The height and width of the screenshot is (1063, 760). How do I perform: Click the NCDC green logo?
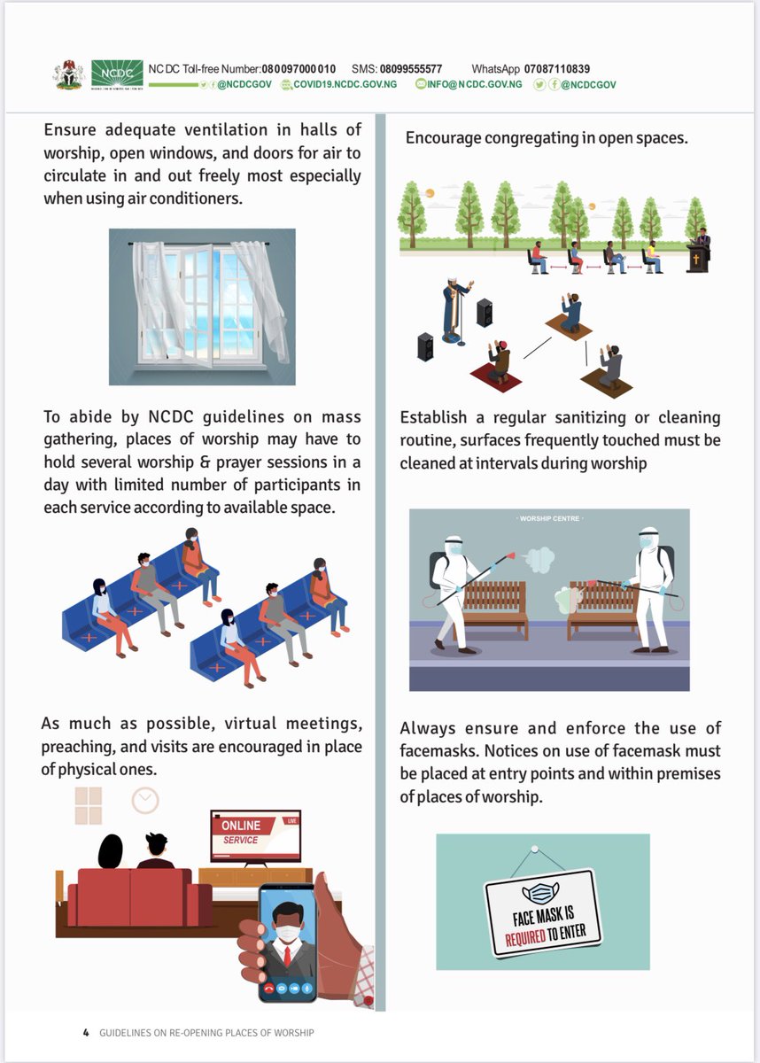(117, 74)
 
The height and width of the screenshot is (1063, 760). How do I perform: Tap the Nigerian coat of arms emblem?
(69, 74)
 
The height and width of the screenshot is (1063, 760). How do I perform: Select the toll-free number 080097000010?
(299, 69)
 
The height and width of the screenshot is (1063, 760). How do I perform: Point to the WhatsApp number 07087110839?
(557, 69)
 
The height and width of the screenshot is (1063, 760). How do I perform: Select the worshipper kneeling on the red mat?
(498, 361)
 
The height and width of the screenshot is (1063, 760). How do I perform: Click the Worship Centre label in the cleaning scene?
(549, 519)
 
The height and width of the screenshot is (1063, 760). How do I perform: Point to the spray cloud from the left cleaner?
(539, 560)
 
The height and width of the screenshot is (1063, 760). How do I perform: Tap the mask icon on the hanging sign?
(540, 894)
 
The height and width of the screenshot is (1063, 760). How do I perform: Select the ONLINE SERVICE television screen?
(256, 836)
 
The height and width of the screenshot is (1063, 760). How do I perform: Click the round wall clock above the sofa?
(145, 801)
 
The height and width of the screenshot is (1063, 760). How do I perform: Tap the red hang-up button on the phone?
(269, 989)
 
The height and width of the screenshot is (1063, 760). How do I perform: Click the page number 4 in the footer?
(86, 1032)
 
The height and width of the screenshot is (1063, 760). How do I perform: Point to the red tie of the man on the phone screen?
(288, 956)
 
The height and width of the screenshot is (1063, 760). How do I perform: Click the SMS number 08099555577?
(411, 69)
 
